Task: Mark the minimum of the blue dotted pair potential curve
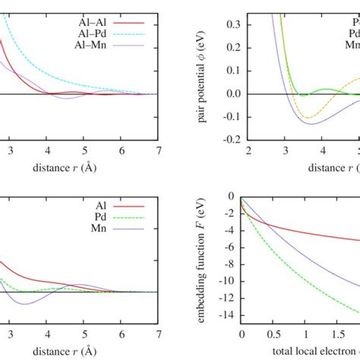point(309,124)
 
